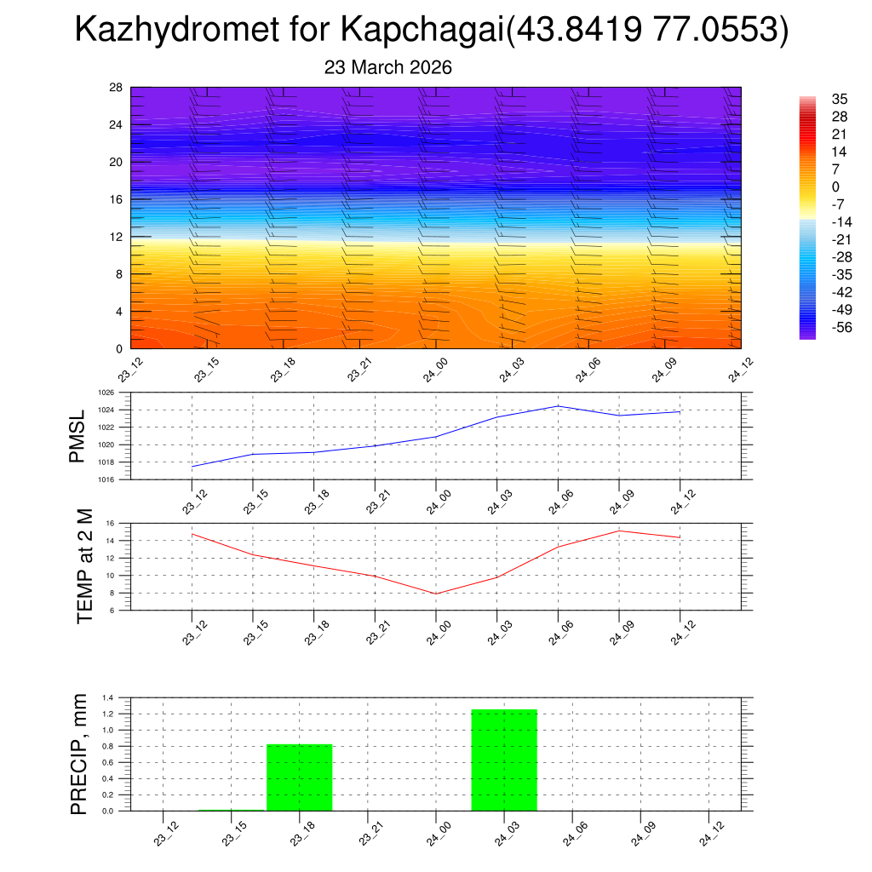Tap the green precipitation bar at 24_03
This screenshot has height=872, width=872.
(x=504, y=760)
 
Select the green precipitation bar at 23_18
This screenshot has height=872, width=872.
(x=300, y=777)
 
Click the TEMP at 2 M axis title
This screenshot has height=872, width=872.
(x=85, y=565)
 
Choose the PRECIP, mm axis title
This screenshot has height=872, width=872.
(x=79, y=754)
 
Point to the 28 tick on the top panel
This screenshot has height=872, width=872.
(x=116, y=88)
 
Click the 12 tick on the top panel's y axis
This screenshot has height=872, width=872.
(x=116, y=237)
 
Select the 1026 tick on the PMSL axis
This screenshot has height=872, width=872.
(x=106, y=393)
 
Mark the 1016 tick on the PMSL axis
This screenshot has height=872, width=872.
(x=106, y=479)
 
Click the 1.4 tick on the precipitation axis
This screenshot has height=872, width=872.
(x=108, y=697)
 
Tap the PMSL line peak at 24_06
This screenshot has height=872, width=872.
(x=558, y=406)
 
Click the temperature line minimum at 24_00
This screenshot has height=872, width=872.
(x=436, y=594)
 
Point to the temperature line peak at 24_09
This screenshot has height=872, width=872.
(x=619, y=531)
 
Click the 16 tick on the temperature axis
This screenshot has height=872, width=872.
(x=109, y=523)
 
